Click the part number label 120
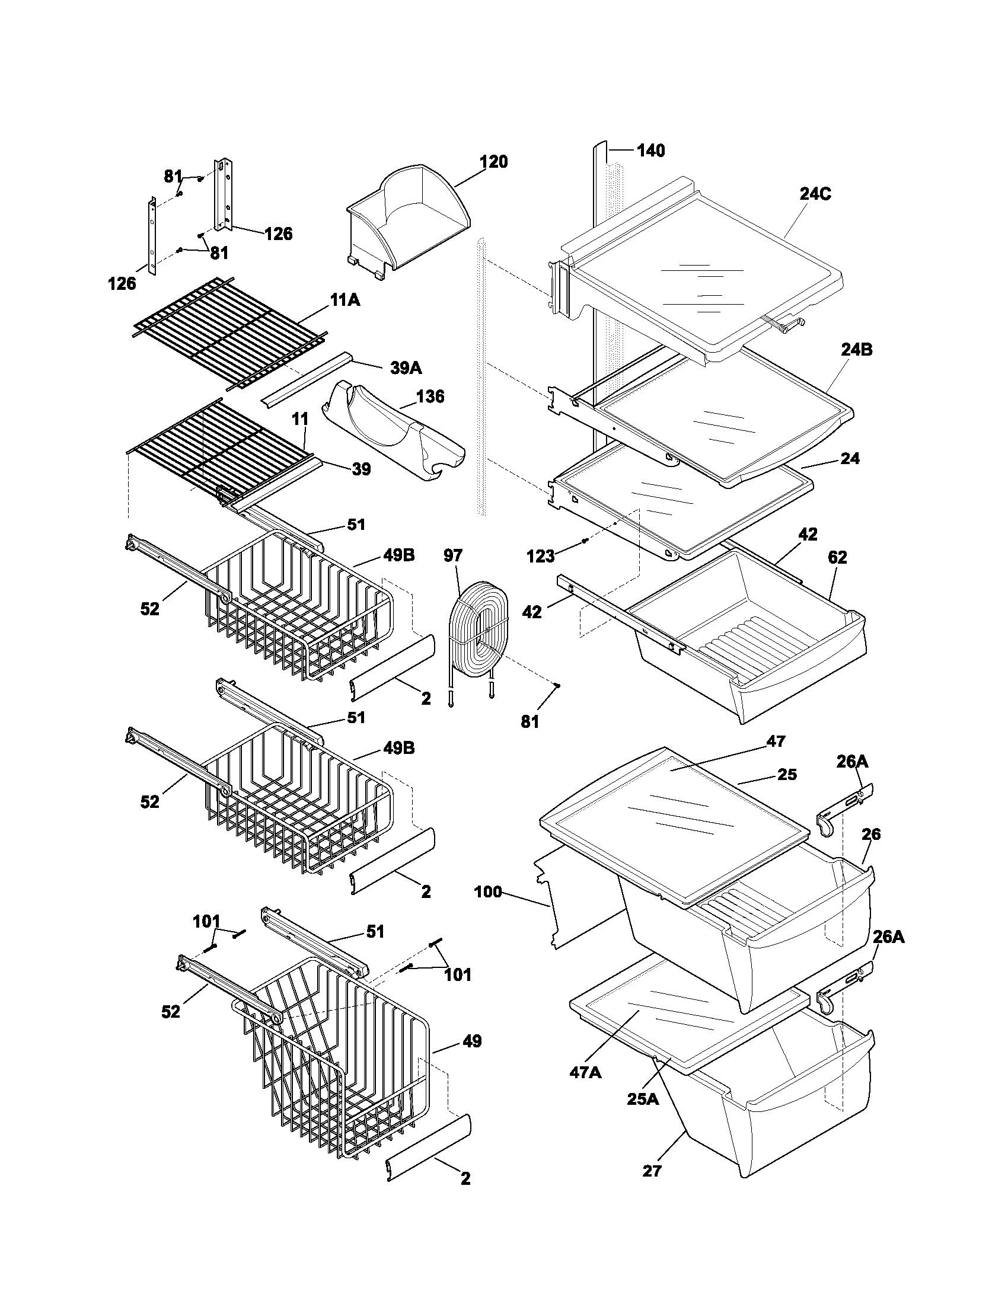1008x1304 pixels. pos(494,162)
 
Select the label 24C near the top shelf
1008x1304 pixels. pos(815,194)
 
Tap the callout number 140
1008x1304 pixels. pos(650,151)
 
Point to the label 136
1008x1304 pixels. pos(430,397)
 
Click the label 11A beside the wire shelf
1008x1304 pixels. pos(344,301)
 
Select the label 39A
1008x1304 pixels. pos(406,368)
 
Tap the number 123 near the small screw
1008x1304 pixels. pos(540,557)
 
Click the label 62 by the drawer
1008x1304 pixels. pos(837,557)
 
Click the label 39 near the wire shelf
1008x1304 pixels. pos(361,469)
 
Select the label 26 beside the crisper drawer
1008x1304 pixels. pos(871,834)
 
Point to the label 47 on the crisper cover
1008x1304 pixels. pos(776,741)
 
